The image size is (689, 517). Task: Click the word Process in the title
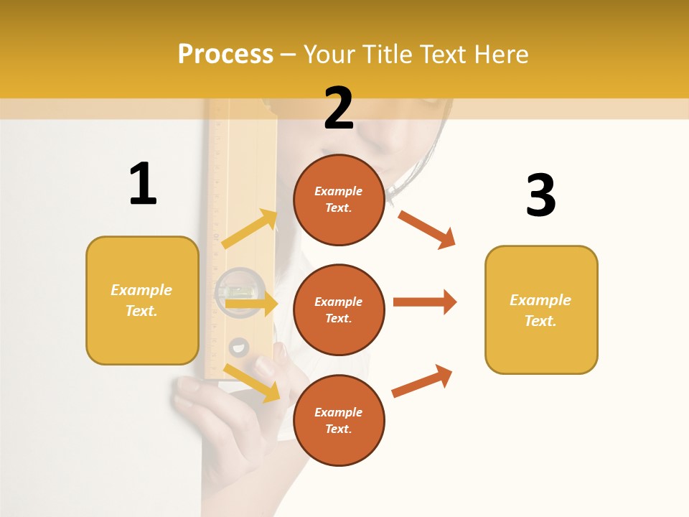[x=225, y=55]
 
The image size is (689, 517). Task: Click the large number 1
[x=143, y=184]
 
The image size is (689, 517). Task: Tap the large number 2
[x=339, y=108]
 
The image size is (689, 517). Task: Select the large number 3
[x=540, y=195]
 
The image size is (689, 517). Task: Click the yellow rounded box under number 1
[x=142, y=300]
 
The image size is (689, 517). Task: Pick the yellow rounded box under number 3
[x=541, y=309]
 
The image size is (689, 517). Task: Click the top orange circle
[x=339, y=200]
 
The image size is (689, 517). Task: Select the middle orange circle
[x=339, y=309]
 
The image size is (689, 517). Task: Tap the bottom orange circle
[x=339, y=420]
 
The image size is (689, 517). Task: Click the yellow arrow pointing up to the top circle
[x=250, y=229]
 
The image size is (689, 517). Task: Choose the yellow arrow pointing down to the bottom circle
[x=251, y=383]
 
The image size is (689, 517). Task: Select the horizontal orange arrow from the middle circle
[x=424, y=302]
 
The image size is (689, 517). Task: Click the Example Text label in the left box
[x=142, y=300]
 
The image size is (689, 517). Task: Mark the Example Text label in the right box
[x=541, y=310]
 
